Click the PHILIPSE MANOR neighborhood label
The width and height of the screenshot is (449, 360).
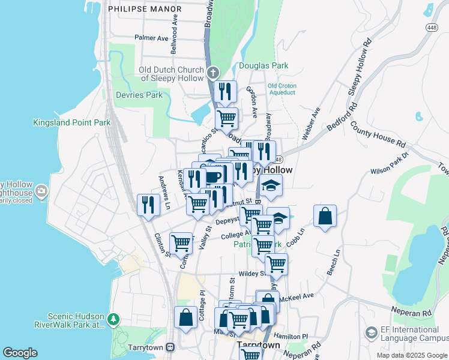[144, 9]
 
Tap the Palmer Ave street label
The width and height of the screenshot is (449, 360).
[151, 38]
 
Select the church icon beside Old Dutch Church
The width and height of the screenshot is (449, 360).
[212, 74]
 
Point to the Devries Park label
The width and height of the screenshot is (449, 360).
[139, 95]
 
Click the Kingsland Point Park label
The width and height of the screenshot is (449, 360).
[71, 122]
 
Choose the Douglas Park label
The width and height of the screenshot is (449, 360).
[264, 66]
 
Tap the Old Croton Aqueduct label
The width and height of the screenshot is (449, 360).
[282, 89]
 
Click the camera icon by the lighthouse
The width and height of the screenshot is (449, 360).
[41, 191]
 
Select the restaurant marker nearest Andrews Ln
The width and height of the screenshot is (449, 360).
[147, 205]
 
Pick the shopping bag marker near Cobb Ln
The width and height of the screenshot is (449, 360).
[325, 217]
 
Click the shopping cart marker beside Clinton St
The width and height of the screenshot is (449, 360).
[181, 244]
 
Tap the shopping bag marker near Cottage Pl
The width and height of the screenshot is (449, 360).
[185, 317]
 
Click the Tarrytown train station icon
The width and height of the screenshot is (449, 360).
[170, 346]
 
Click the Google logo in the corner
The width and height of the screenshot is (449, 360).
[20, 353]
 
